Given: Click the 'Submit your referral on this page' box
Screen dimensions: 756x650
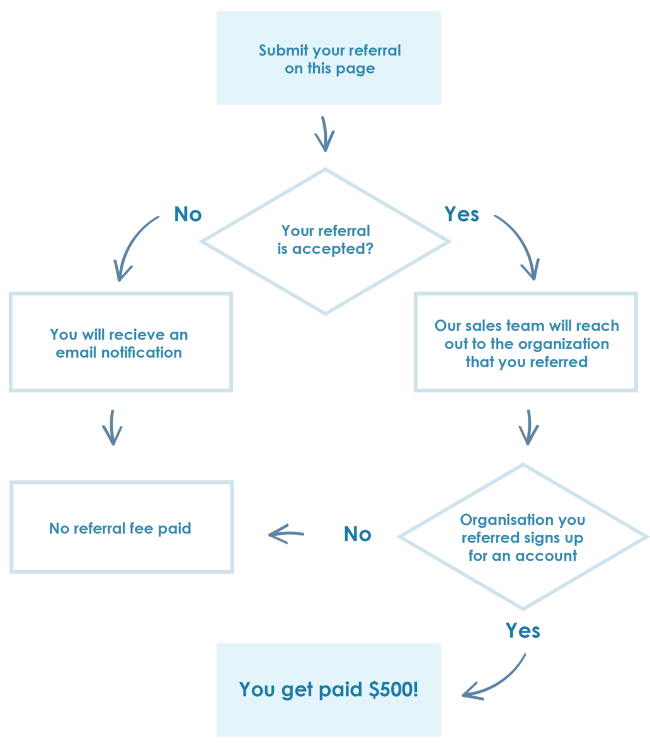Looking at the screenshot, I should pyautogui.click(x=328, y=58).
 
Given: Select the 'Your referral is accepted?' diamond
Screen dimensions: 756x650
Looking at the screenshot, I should pyautogui.click(x=325, y=241).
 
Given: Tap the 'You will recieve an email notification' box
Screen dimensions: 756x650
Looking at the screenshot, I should pyautogui.click(x=120, y=342).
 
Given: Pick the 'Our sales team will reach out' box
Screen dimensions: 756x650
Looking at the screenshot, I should pyautogui.click(x=526, y=342).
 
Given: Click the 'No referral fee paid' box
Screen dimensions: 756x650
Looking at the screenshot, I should pyautogui.click(x=121, y=527).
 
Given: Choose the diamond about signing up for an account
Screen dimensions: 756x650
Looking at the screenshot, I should pyautogui.click(x=523, y=537).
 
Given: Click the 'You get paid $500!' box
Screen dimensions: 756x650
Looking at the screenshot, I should pyautogui.click(x=328, y=690).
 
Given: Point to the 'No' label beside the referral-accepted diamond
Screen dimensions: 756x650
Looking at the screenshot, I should pyautogui.click(x=188, y=214).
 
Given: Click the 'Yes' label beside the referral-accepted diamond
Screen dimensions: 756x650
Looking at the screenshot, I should pyautogui.click(x=462, y=214).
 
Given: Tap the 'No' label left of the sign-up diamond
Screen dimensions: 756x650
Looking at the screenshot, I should pyautogui.click(x=357, y=534).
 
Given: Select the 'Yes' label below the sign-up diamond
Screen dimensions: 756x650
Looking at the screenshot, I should pyautogui.click(x=523, y=630).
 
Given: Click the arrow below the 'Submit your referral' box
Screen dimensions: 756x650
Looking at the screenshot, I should pyautogui.click(x=324, y=134).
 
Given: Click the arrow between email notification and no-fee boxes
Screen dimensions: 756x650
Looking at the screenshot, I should pyautogui.click(x=113, y=427).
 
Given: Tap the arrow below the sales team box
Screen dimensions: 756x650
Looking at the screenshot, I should pyautogui.click(x=528, y=427).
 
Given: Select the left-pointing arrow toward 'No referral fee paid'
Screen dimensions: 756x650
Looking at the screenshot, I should pyautogui.click(x=286, y=535).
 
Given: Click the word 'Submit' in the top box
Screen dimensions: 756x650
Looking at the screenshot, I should pyautogui.click(x=283, y=50).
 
